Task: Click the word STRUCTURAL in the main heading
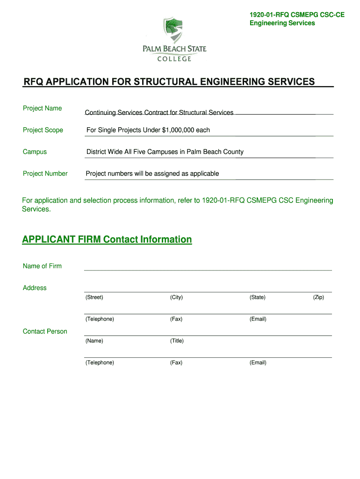point(163,82)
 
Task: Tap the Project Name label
point(42,108)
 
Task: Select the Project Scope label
point(43,130)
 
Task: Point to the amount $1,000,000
point(178,130)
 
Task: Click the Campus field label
point(35,152)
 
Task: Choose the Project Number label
point(45,174)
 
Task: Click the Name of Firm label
point(42,266)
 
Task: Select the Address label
point(35,288)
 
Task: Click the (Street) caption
point(94,298)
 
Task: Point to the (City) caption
point(176,298)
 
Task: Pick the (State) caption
point(257,298)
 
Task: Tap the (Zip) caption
point(318,298)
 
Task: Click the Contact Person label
point(45,331)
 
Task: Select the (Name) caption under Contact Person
point(94,341)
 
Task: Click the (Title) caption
point(177,341)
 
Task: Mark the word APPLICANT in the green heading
point(49,239)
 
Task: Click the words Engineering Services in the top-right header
point(282,23)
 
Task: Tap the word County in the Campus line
point(232,152)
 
